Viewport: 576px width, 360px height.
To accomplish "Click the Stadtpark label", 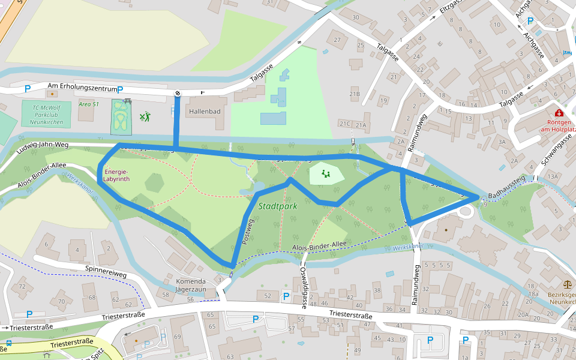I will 278,206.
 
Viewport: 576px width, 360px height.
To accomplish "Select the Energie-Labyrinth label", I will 116,175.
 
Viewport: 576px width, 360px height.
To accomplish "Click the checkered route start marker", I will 178,93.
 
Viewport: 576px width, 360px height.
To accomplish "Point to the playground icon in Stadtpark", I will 326,174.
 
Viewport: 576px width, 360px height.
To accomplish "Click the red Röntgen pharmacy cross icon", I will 559,113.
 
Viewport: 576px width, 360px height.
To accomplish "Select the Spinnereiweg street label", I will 106,271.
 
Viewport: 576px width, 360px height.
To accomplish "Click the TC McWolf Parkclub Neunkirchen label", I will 46,113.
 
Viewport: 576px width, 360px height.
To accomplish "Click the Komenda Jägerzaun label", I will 190,285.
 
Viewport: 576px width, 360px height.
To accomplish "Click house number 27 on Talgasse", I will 337,40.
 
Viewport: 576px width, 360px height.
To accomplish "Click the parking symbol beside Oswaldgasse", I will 286,296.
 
